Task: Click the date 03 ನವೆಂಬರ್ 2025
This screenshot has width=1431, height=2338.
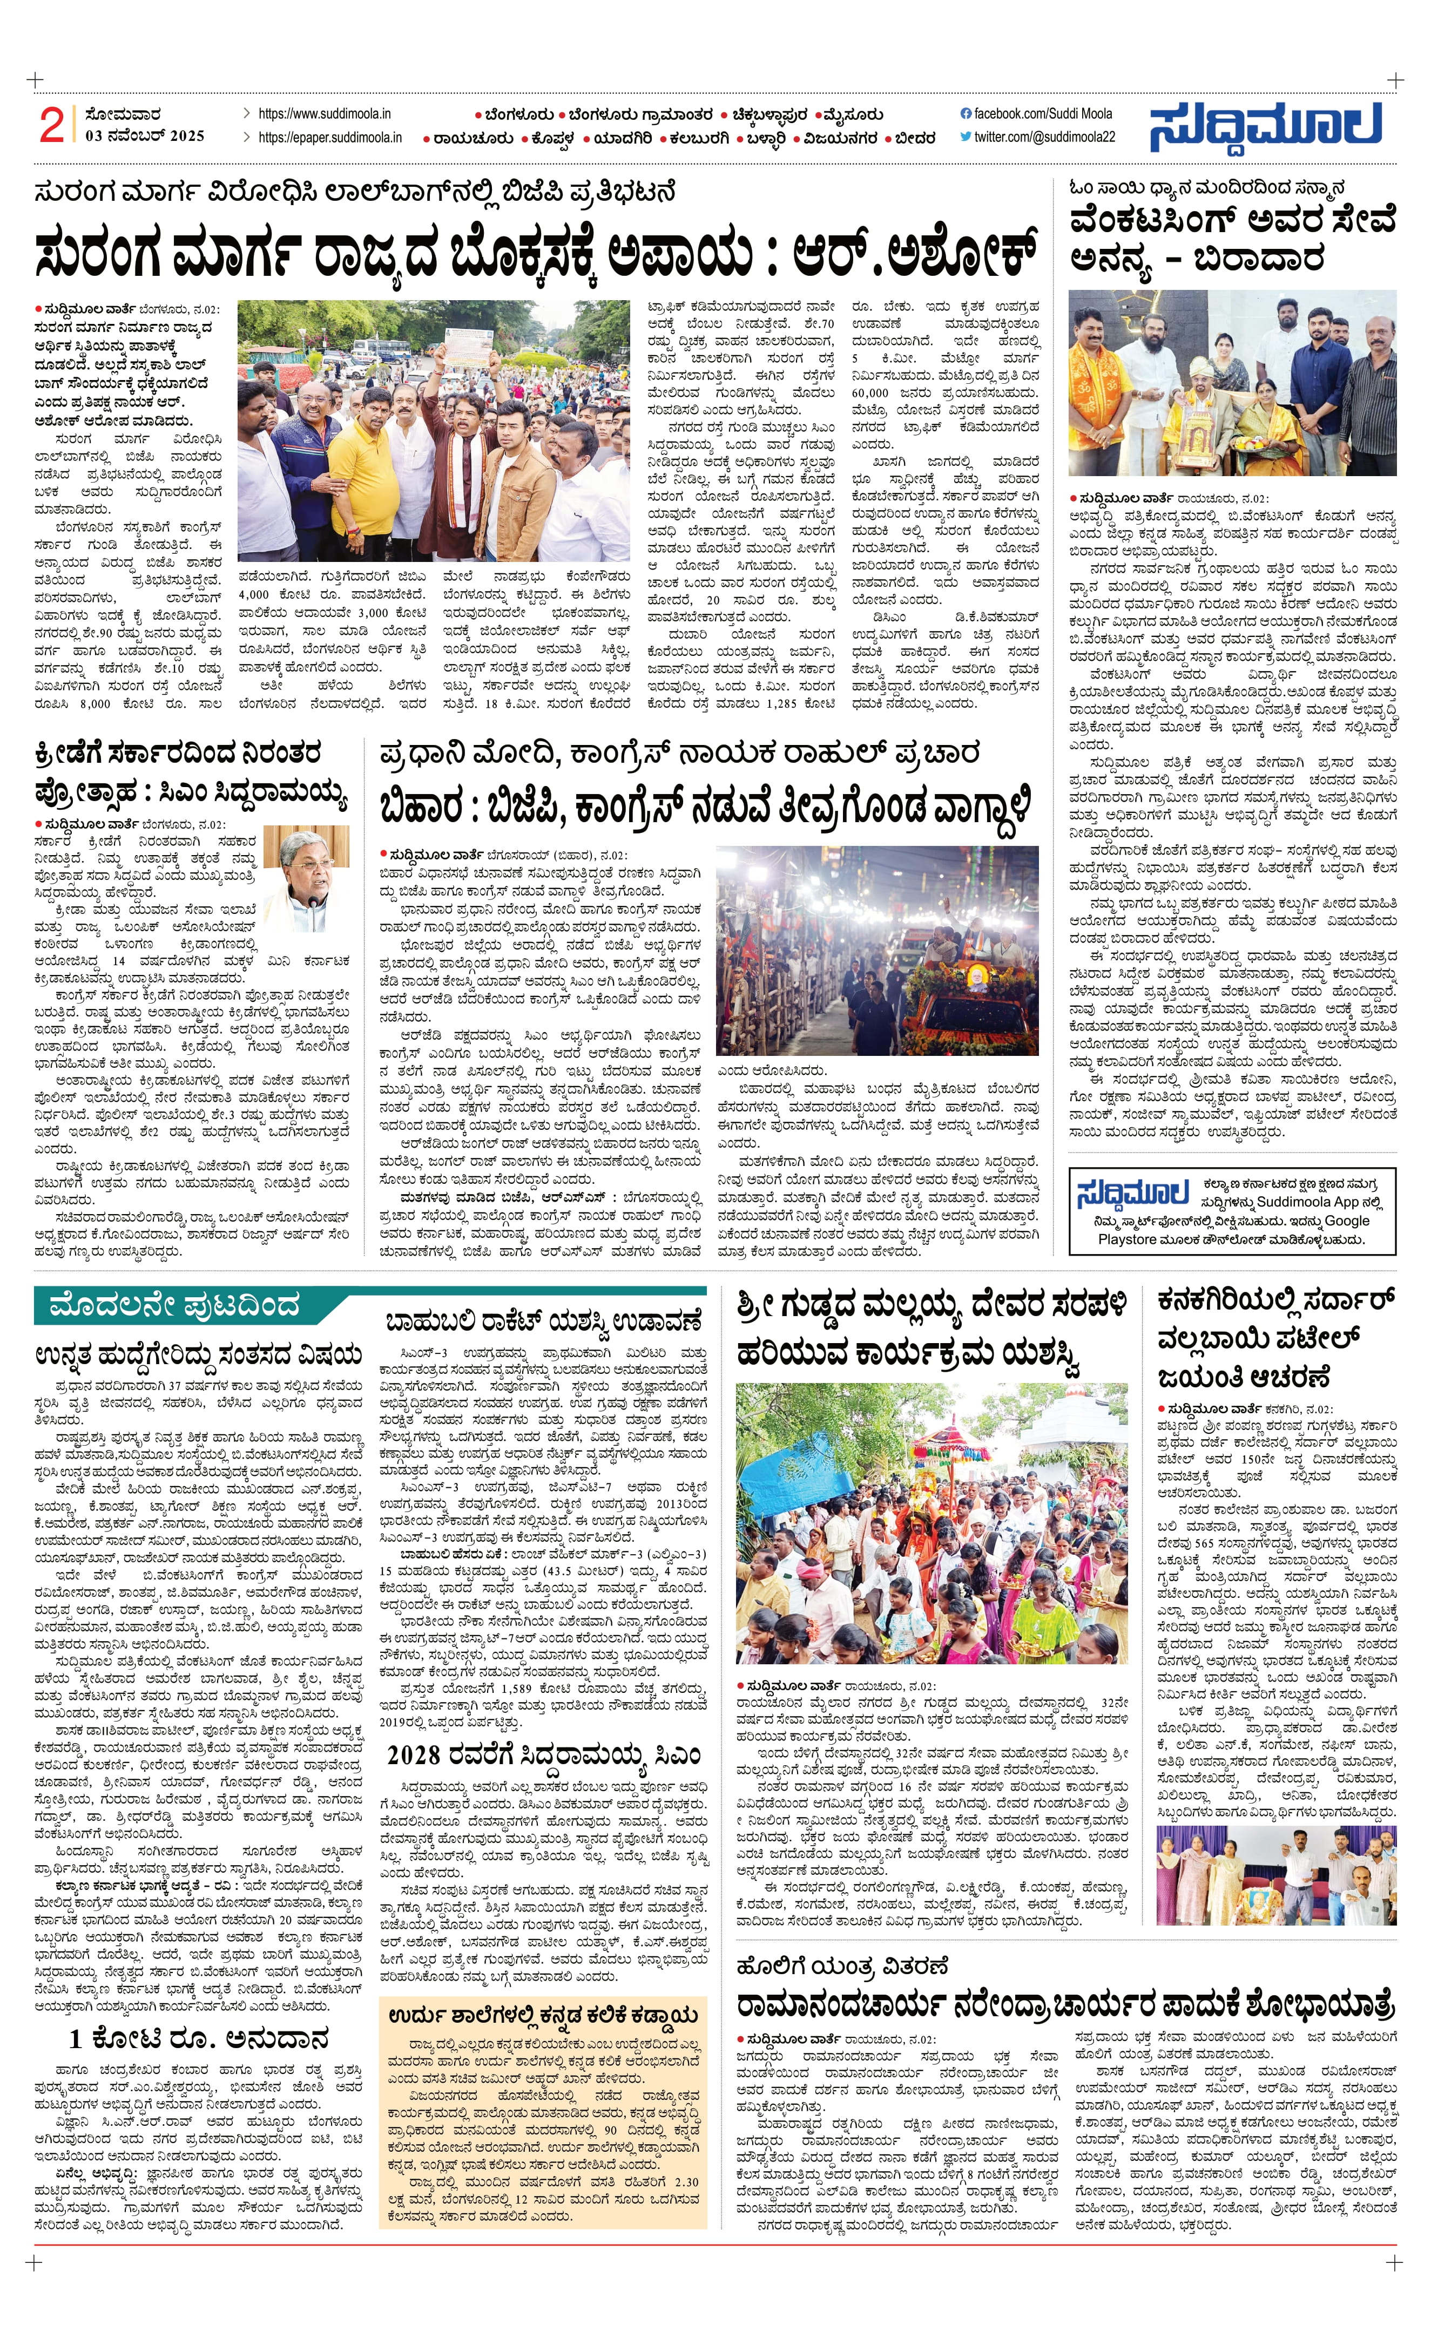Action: [144, 135]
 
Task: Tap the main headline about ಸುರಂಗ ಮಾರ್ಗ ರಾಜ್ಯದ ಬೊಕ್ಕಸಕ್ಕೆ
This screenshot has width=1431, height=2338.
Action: [536, 254]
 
